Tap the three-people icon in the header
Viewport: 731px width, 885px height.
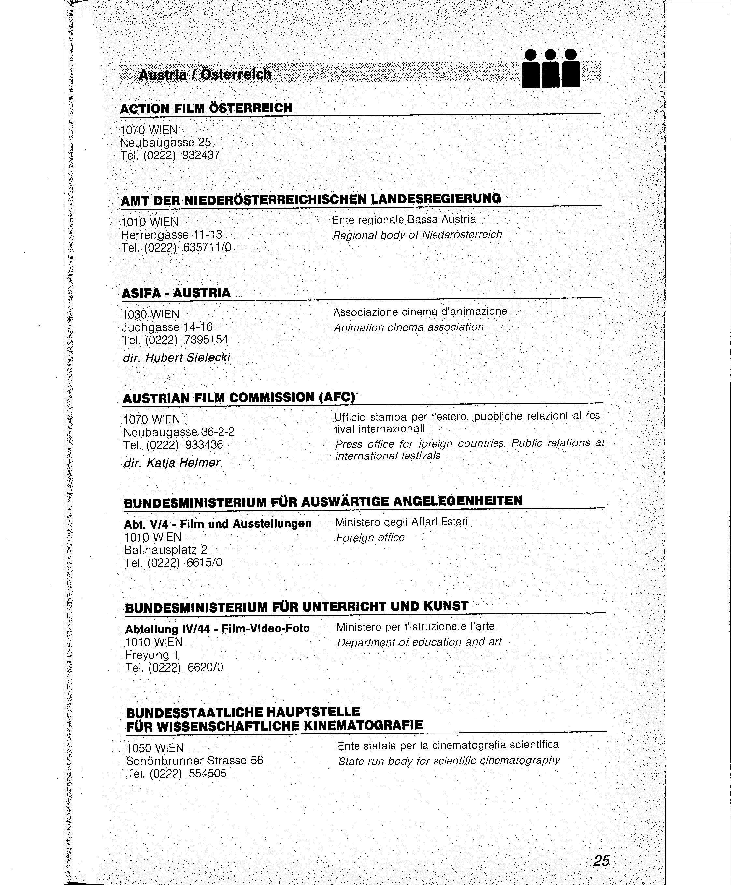[x=551, y=69]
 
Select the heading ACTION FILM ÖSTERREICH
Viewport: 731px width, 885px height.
[x=206, y=108]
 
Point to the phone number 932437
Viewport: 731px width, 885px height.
[x=201, y=155]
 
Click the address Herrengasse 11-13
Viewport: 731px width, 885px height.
[x=171, y=235]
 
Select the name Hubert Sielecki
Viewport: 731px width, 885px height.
[x=188, y=358]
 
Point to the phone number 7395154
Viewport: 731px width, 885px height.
[x=206, y=340]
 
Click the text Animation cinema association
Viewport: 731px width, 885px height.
[x=408, y=327]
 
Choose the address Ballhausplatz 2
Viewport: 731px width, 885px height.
[x=165, y=550]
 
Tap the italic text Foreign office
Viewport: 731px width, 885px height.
[x=370, y=538]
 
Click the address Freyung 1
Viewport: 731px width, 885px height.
[x=152, y=655]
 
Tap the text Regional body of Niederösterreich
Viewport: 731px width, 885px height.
[x=417, y=235]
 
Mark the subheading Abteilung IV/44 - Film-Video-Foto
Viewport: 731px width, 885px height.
[x=217, y=629]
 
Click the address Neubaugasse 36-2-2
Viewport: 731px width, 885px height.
[x=179, y=432]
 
